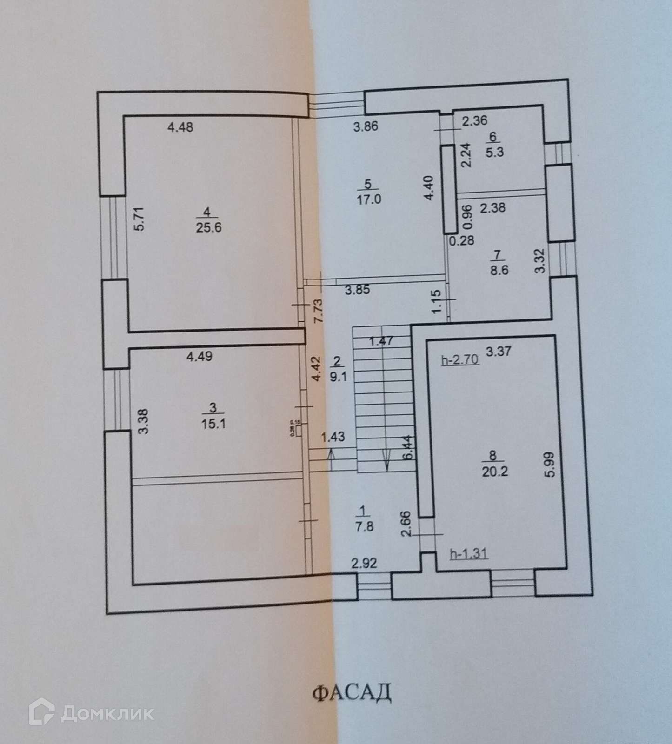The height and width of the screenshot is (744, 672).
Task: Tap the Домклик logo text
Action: click(107, 713)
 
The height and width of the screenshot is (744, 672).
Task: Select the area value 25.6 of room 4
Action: click(207, 227)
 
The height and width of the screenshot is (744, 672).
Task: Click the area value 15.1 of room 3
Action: click(213, 424)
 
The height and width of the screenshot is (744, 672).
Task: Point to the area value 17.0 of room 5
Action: click(369, 199)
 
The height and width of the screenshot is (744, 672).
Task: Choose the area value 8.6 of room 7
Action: click(499, 270)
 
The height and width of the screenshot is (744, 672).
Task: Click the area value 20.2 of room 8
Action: click(495, 472)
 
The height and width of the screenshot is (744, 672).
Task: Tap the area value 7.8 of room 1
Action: click(364, 527)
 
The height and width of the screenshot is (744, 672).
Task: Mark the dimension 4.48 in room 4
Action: click(180, 126)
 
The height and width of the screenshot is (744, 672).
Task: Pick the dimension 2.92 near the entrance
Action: click(364, 564)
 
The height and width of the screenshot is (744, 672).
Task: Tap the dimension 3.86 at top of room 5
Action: click(366, 126)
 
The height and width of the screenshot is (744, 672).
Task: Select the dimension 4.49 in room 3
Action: click(199, 356)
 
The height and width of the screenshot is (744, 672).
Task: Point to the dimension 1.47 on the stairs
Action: click(381, 341)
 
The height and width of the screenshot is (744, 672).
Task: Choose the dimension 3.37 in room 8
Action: click(498, 351)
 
